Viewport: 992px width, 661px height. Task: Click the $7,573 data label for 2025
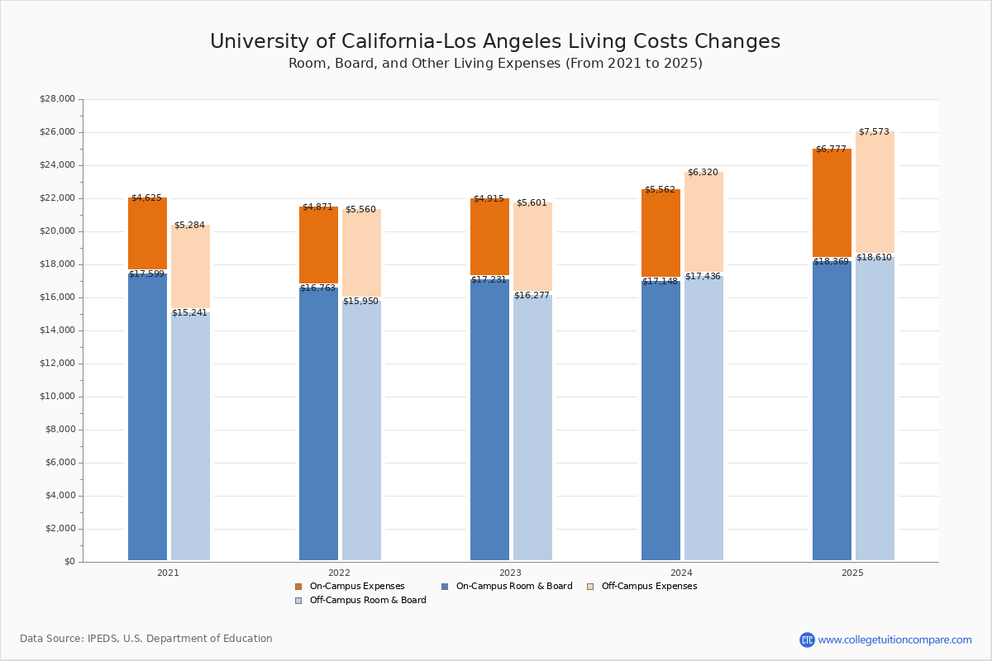point(874,132)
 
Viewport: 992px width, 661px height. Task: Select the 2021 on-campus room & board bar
point(147,417)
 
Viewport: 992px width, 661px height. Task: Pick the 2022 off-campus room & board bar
point(361,430)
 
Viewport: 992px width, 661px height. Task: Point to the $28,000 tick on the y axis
point(57,99)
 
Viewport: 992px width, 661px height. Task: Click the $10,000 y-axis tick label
point(57,397)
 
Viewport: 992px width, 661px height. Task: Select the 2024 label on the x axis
point(681,573)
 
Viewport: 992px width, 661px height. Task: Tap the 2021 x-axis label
point(168,573)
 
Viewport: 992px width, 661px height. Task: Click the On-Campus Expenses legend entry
point(356,587)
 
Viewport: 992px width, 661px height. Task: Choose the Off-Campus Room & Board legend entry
point(367,601)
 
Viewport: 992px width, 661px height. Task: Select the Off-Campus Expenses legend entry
point(648,587)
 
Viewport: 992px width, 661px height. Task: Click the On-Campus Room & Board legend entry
point(513,587)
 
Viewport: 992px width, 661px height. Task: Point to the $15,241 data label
point(189,313)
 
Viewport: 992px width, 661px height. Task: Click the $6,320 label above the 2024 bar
point(703,173)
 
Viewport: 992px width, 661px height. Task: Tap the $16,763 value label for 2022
point(317,288)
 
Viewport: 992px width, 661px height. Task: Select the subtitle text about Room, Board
point(495,64)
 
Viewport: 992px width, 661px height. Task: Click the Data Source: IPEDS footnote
point(146,639)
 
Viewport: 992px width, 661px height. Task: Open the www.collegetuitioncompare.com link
point(894,640)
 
